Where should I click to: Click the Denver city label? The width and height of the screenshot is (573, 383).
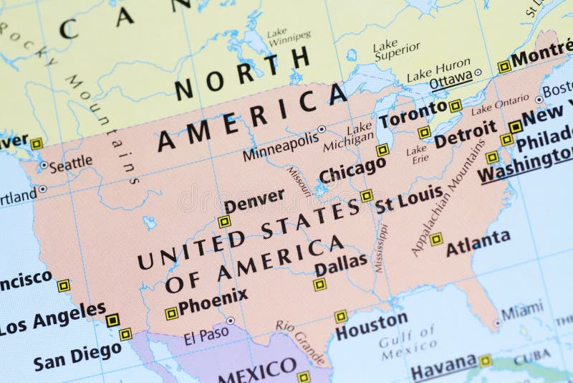point(254,200)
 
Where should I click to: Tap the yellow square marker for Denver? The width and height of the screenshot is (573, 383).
point(224,222)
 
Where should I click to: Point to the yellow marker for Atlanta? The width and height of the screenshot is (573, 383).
point(435,239)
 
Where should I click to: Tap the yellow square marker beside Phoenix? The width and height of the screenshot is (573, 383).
point(171,313)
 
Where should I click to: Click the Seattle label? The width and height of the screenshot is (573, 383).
point(70,163)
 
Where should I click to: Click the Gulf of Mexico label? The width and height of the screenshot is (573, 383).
point(408,343)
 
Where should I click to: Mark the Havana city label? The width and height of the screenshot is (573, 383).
point(443,367)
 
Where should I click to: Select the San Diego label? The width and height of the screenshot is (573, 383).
point(77,351)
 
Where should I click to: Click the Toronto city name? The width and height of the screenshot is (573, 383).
point(412,113)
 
